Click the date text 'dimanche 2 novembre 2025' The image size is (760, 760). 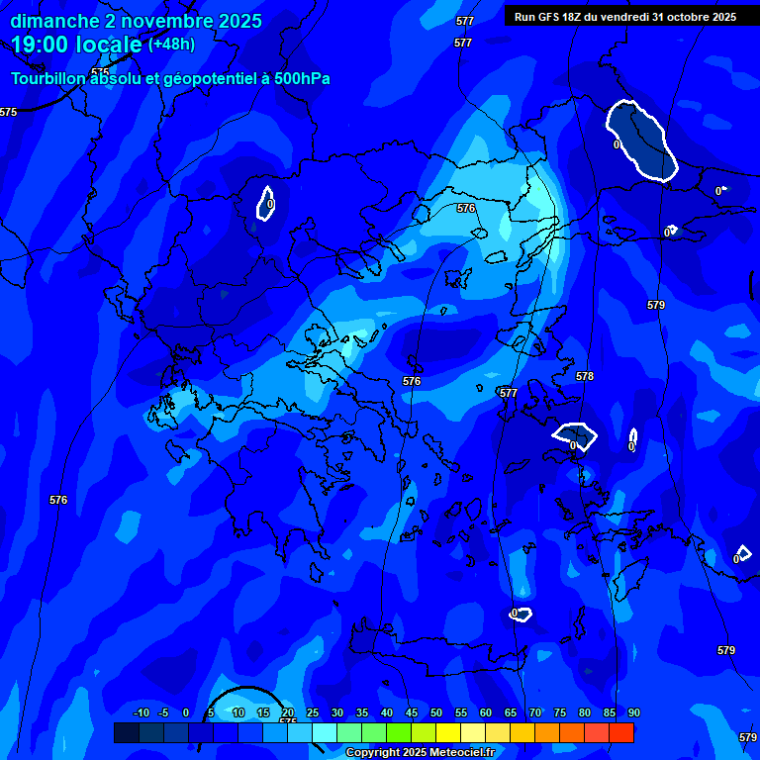[136, 21]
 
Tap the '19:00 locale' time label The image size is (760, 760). [76, 45]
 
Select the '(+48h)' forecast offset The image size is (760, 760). [171, 45]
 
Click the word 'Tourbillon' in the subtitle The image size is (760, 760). [48, 79]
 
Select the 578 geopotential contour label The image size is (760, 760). [585, 376]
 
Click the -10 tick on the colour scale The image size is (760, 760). [141, 713]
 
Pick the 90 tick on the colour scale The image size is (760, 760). [633, 713]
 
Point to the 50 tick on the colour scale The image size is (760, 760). [436, 713]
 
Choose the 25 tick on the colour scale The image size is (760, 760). [313, 713]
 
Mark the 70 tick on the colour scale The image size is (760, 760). [535, 713]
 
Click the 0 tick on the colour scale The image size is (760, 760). [186, 713]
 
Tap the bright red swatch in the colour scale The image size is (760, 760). [621, 732]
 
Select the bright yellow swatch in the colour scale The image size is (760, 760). [448, 732]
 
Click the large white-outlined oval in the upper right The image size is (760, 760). [641, 141]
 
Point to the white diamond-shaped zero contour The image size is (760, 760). [575, 435]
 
